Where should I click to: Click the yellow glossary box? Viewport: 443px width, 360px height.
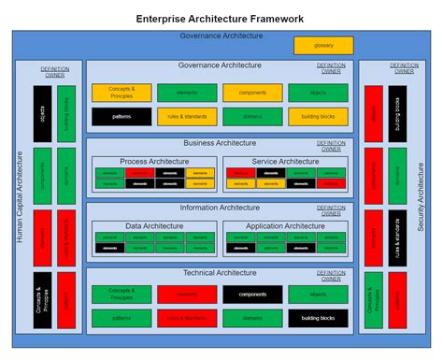point(323,45)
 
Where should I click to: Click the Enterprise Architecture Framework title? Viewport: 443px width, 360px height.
point(220,18)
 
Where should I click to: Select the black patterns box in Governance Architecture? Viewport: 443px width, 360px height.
point(121,116)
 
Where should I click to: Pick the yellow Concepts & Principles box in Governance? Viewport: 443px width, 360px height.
point(121,93)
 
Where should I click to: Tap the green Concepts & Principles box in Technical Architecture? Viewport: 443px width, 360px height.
point(121,295)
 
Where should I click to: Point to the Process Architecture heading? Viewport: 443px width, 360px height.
point(154,161)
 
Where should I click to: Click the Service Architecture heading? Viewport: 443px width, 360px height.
point(286,161)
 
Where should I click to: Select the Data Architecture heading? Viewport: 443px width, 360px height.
point(154,225)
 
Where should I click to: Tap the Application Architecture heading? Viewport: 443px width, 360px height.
point(286,225)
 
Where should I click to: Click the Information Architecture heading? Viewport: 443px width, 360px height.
point(221,208)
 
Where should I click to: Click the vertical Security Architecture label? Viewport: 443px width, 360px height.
point(421,196)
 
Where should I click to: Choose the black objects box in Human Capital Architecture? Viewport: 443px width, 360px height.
point(42,113)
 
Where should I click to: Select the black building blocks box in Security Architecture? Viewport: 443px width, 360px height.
point(397,113)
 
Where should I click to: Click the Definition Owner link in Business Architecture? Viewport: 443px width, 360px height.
point(331,146)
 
